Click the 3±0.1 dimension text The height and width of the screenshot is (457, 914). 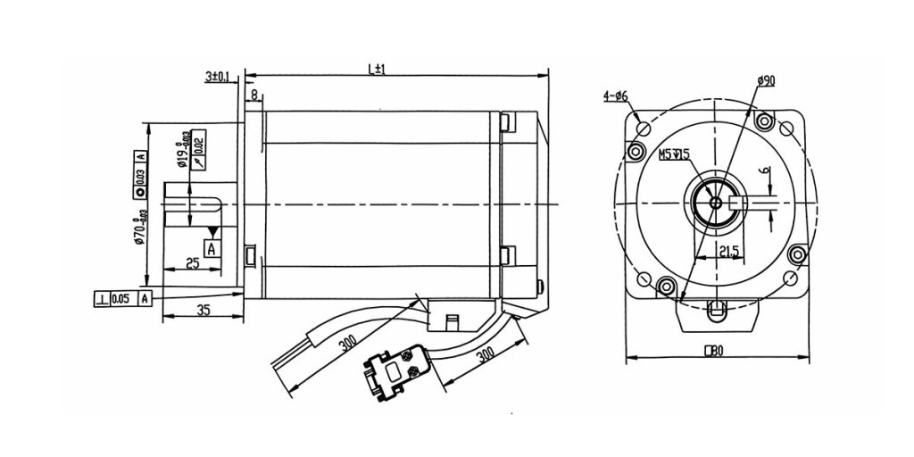coord(217,78)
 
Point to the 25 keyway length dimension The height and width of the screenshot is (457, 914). coord(191,263)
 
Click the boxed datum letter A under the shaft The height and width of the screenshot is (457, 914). coord(212,249)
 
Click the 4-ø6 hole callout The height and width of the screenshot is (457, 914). coord(616,96)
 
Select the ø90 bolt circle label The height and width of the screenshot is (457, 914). coord(765,81)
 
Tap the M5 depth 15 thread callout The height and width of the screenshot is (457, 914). coord(674,154)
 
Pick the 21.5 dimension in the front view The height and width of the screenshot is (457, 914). coord(727,252)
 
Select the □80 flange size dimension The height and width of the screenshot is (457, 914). coord(713,351)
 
